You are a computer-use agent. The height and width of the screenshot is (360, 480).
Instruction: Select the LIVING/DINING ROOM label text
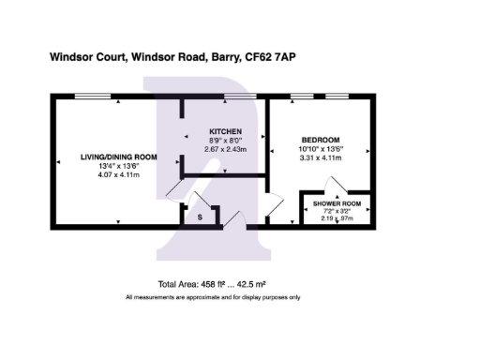(118, 157)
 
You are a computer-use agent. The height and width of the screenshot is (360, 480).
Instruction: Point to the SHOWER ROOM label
(337, 203)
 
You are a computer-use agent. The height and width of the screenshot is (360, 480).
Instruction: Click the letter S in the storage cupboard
(199, 217)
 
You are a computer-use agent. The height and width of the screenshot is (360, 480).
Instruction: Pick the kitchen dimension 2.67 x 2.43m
(225, 149)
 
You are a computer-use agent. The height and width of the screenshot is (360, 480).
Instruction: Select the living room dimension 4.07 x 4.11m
(118, 175)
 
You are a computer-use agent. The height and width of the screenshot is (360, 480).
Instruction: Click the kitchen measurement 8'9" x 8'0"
(225, 140)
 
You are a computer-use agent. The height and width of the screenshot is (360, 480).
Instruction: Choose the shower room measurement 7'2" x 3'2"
(337, 211)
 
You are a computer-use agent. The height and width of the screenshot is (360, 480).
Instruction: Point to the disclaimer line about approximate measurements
(213, 297)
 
